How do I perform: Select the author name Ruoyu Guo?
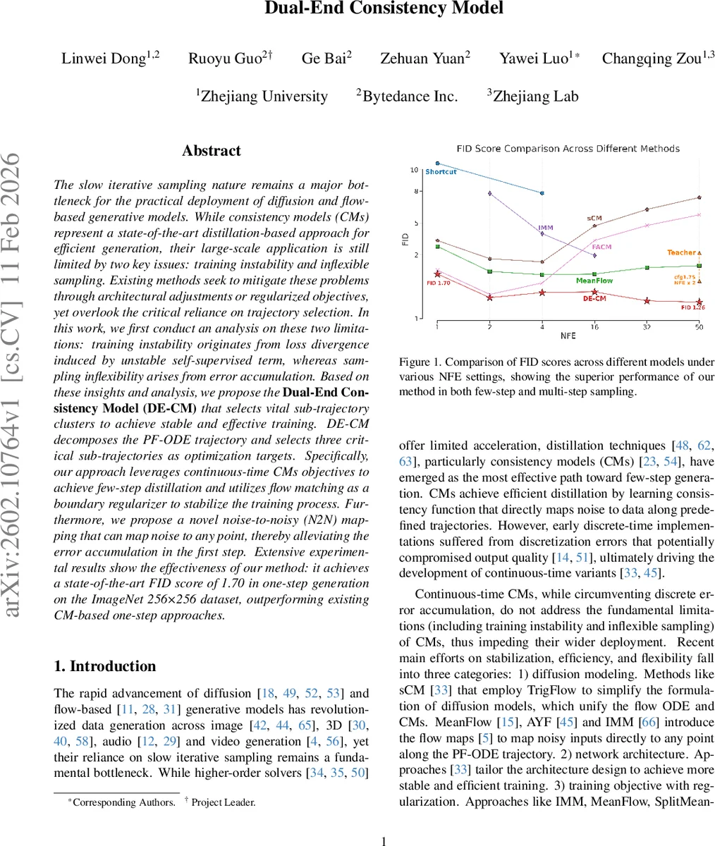click(x=225, y=59)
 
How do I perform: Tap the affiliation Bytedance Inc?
click(x=407, y=97)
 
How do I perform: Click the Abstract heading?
click(x=212, y=151)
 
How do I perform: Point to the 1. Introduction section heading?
click(x=105, y=666)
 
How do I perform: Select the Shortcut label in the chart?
click(x=441, y=172)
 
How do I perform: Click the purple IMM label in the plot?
click(x=545, y=228)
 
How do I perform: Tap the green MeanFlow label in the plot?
click(x=594, y=281)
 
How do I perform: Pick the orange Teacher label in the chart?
click(x=681, y=252)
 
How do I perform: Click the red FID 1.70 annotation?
click(x=438, y=283)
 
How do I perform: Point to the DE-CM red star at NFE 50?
click(x=699, y=302)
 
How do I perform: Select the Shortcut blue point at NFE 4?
click(x=542, y=192)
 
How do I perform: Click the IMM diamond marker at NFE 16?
click(x=594, y=255)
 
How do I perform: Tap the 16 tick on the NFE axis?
click(x=594, y=327)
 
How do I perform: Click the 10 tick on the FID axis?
click(x=415, y=170)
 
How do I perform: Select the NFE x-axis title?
click(x=568, y=337)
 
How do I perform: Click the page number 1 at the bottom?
click(x=384, y=840)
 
